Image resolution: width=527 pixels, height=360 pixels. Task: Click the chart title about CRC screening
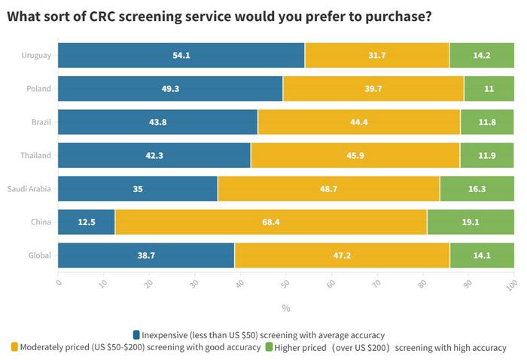[x=219, y=16]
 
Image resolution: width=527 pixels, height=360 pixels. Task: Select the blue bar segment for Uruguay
[x=181, y=55]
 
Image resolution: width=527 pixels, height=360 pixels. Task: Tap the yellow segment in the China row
[x=270, y=222]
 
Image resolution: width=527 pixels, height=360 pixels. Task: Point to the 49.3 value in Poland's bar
[x=169, y=89]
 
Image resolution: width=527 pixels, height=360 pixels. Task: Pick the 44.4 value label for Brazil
[x=358, y=122]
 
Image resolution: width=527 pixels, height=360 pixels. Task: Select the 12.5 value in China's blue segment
[x=86, y=222]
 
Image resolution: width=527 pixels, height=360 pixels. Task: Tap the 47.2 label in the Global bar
[x=342, y=256]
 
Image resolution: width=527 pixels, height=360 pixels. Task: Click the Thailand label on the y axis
[x=35, y=156]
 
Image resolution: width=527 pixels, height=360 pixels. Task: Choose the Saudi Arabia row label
[x=29, y=189]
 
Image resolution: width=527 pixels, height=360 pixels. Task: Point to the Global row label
[x=38, y=256]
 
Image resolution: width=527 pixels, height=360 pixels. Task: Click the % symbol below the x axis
[x=285, y=308]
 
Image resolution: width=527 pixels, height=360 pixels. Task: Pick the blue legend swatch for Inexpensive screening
[x=136, y=334]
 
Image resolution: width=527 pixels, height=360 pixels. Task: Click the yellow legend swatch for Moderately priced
[x=14, y=347]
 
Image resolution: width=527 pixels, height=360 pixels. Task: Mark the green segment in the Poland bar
[x=489, y=89]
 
